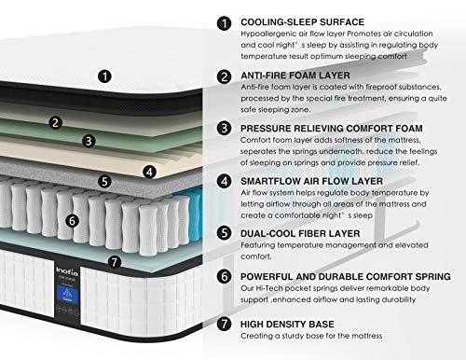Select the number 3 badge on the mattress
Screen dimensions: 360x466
(89, 141)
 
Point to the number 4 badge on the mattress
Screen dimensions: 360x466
(149, 172)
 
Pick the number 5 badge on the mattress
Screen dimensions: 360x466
(105, 182)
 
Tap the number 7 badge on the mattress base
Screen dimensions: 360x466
(114, 262)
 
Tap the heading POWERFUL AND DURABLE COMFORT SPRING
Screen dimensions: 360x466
(345, 277)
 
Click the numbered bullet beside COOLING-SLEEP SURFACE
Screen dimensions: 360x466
(223, 21)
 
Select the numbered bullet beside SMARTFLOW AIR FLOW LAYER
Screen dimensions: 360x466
(223, 180)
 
